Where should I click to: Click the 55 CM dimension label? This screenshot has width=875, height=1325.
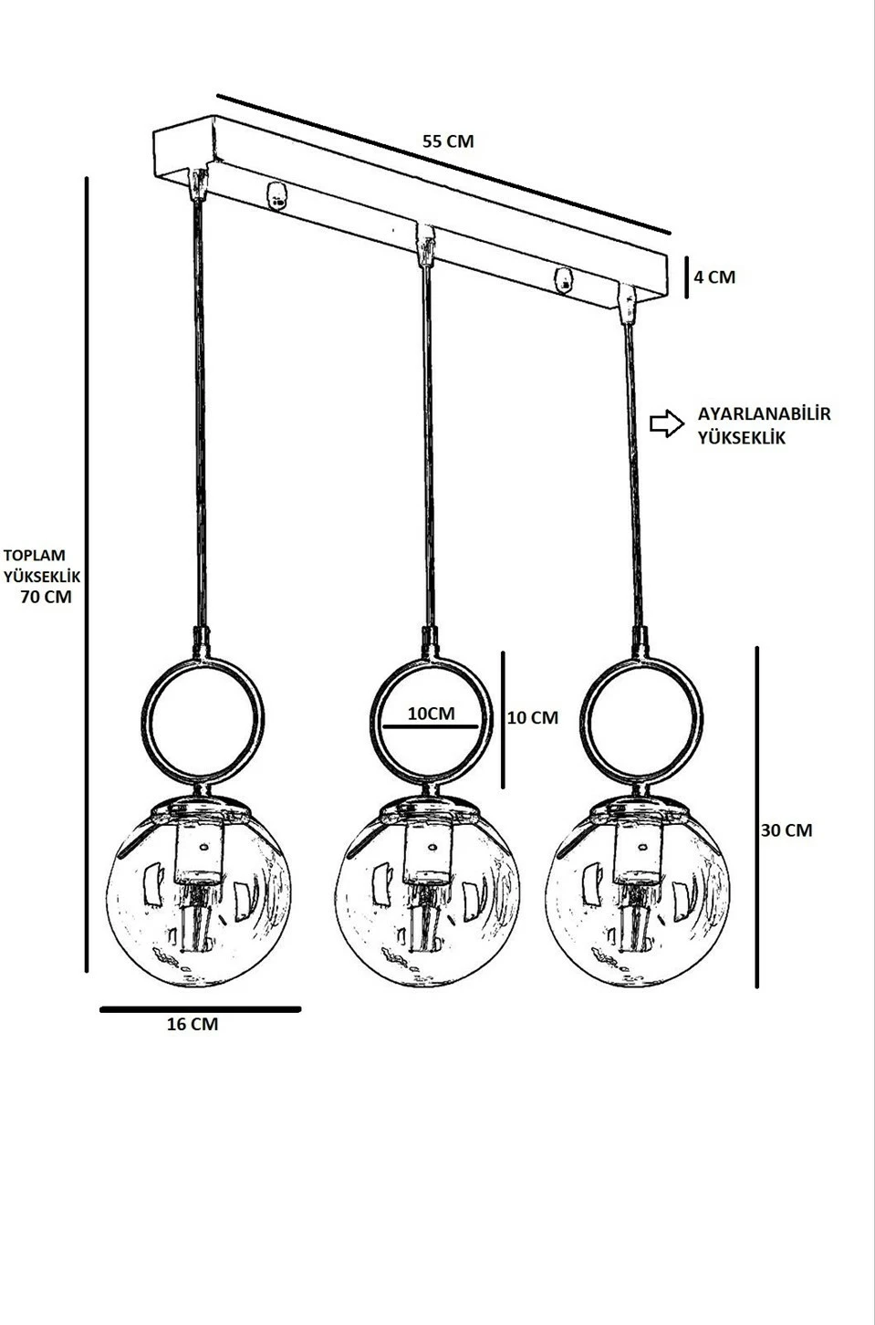click(x=448, y=142)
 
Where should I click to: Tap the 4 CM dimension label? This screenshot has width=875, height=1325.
click(x=714, y=277)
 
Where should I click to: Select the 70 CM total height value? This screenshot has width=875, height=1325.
click(x=47, y=597)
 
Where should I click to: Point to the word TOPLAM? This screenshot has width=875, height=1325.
click(x=35, y=555)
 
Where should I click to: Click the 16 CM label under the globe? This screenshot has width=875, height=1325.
click(x=193, y=1024)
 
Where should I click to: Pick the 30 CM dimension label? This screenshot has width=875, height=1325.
click(x=786, y=830)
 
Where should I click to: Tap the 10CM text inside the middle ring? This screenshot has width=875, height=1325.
click(x=432, y=714)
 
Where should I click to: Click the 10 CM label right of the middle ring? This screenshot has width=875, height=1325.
click(x=533, y=717)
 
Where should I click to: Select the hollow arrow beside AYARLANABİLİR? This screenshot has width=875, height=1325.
click(x=667, y=423)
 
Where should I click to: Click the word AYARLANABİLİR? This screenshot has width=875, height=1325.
click(x=764, y=413)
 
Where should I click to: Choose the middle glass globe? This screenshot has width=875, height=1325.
click(x=427, y=894)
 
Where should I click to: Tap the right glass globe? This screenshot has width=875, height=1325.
click(x=637, y=894)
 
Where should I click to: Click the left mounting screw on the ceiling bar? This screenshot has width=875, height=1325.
click(x=276, y=196)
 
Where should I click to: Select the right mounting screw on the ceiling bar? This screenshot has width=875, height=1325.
click(x=563, y=280)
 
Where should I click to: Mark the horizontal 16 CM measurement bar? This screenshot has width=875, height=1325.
click(x=201, y=1010)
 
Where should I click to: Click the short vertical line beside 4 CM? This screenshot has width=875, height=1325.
click(x=686, y=277)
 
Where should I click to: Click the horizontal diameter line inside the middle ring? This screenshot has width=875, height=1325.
click(x=430, y=725)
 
